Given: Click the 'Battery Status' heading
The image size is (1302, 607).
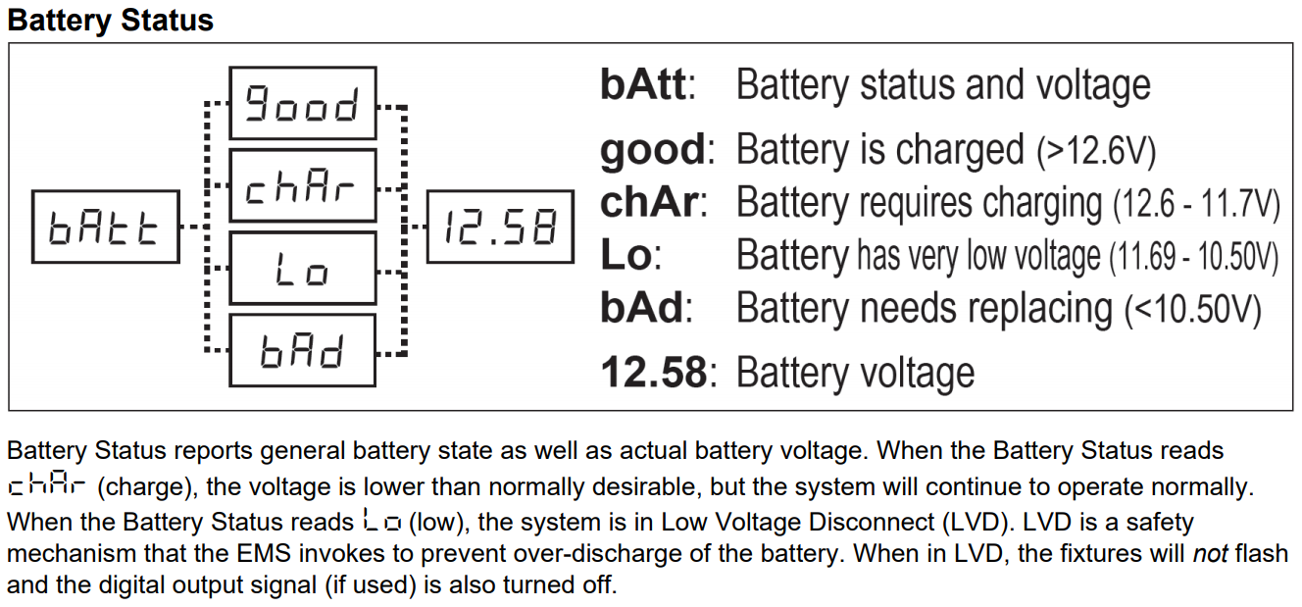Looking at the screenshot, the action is coord(111,21).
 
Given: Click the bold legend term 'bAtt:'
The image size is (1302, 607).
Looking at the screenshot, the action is coord(647,85).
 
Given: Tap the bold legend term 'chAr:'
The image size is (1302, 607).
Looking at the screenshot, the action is coord(654,202).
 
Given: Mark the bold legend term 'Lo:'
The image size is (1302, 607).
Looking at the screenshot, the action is coord(630,255).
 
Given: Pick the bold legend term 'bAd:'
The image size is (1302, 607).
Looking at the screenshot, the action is coord(646,308).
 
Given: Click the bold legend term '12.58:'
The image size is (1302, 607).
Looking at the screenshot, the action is coord(659,372).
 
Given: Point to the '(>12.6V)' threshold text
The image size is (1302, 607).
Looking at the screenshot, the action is coord(1096,151).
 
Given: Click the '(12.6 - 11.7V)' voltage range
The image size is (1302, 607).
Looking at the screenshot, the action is coord(1196,204).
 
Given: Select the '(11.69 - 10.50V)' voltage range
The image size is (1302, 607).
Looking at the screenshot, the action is coord(1194,256).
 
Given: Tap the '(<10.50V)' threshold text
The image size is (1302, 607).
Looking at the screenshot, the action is coord(1193,309).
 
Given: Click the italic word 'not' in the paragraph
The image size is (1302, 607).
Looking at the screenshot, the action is coord(1210,553).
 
